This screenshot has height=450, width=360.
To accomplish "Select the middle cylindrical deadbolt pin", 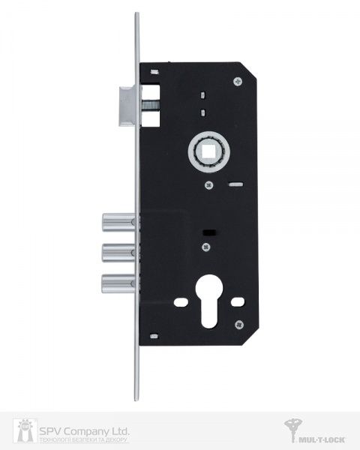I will click(115, 252).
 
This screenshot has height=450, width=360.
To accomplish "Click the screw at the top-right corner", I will click(239, 83).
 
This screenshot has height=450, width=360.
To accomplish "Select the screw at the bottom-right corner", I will click(238, 324).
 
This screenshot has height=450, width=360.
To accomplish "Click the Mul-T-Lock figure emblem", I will click(293, 431).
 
